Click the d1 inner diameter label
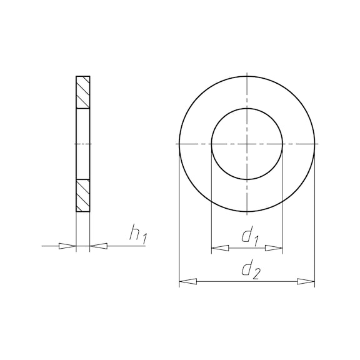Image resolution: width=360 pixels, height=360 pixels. point(251,236)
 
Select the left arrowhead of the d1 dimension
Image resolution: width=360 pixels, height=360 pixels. point(220,248)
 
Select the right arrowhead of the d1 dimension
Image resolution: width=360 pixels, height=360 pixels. point(274,248)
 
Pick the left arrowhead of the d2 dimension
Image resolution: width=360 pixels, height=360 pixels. point(187,281)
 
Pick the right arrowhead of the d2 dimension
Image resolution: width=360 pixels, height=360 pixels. point(306,281)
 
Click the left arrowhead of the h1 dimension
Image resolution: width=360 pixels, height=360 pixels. point(67,246)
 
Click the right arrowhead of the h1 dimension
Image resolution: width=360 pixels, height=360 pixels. point(99,246)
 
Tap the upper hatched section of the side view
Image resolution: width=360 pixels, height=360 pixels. point(83,92)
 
